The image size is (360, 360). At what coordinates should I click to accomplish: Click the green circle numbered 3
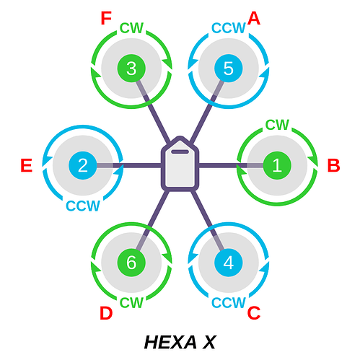tap(131, 69)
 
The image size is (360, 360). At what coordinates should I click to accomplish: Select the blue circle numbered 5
tap(229, 69)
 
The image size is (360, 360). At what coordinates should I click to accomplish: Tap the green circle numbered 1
tap(277, 165)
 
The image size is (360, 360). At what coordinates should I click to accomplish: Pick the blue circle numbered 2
tap(83, 165)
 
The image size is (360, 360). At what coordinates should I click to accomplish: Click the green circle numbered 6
tap(131, 263)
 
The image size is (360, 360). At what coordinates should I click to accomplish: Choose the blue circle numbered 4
tap(229, 263)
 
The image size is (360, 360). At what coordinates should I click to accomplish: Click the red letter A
tap(254, 18)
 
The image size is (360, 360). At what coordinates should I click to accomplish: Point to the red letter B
tap(334, 165)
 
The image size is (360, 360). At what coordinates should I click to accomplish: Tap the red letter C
tap(254, 313)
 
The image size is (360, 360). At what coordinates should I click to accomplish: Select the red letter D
tap(106, 313)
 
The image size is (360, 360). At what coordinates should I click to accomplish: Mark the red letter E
tap(27, 165)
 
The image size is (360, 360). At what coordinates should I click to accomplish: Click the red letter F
tap(106, 18)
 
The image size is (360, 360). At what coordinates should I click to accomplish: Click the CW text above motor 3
tap(131, 28)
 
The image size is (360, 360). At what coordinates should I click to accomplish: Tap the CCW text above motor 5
tap(229, 28)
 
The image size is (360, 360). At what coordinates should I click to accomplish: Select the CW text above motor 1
tap(277, 125)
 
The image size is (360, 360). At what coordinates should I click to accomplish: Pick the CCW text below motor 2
tap(83, 206)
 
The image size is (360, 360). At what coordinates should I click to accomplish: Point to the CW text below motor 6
tap(131, 303)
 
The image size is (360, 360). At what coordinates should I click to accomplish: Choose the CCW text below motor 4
tap(229, 303)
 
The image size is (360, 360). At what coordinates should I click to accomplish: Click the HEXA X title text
tap(180, 342)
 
